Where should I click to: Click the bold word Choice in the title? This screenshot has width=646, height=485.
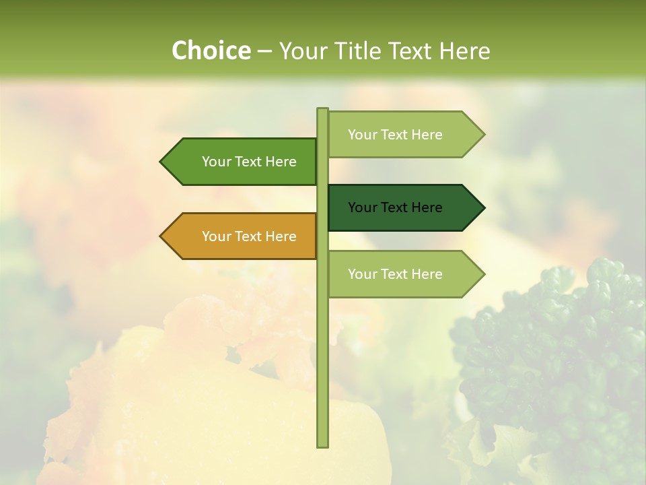click(x=211, y=51)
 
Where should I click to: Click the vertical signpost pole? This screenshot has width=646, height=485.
click(x=322, y=350)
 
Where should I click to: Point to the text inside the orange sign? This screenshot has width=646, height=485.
click(x=249, y=236)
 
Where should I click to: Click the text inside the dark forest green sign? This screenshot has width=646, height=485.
click(x=395, y=207)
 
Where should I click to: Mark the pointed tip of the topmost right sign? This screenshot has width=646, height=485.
click(x=482, y=135)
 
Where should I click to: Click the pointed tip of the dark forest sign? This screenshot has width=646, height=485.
click(x=482, y=207)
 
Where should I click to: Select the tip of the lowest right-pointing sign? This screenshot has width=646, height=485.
click(x=482, y=274)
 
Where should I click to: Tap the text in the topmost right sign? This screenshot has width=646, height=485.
click(x=395, y=135)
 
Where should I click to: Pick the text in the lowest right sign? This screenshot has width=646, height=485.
click(x=395, y=274)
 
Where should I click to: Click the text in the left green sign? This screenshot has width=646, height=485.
click(x=249, y=162)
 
